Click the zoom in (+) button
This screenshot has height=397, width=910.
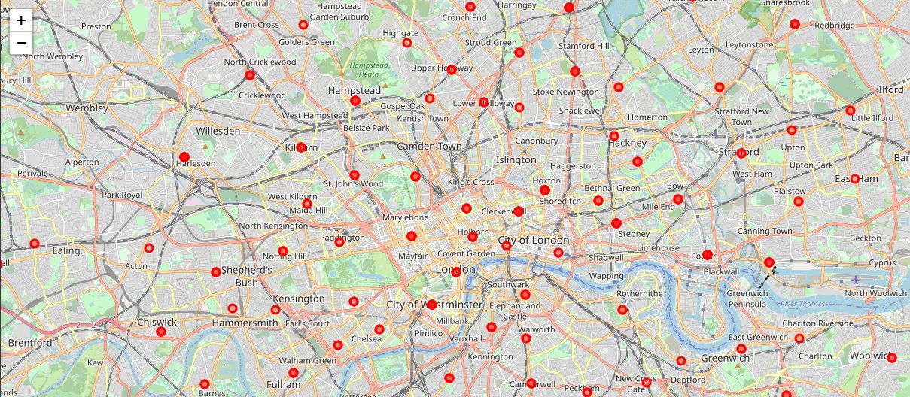21,20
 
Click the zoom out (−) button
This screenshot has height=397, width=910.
21,43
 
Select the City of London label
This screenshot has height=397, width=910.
534,240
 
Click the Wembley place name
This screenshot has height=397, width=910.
87,108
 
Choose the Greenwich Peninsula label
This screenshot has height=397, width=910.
747,299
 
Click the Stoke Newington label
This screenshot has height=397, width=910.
565,92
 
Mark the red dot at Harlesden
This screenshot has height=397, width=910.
184,156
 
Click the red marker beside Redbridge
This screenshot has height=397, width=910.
794,24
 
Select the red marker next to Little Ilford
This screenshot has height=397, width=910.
851,111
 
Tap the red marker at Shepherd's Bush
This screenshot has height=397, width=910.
216,272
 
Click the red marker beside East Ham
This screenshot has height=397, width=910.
855,179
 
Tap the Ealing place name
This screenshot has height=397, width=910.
65,250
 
